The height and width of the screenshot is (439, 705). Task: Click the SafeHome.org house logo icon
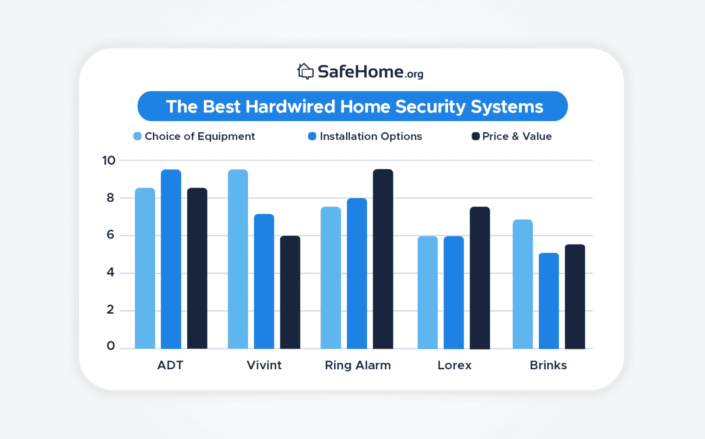(x=305, y=72)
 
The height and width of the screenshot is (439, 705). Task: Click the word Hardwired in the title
(x=290, y=106)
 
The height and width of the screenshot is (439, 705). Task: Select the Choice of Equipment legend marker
(x=137, y=136)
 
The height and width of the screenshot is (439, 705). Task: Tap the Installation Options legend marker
(x=312, y=136)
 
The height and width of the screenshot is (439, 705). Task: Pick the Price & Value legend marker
(x=476, y=136)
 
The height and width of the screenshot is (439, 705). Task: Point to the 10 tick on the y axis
(x=109, y=161)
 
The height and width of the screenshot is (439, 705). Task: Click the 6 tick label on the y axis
(x=110, y=235)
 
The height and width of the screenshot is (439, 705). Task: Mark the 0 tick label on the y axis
(x=111, y=346)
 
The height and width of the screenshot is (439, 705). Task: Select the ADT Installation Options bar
(x=171, y=259)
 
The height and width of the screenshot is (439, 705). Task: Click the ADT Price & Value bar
(x=197, y=268)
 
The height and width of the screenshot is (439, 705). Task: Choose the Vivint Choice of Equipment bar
(x=238, y=259)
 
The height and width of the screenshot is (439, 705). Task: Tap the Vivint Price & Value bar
(x=290, y=292)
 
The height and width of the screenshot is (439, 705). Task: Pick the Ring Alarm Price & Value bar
(x=383, y=259)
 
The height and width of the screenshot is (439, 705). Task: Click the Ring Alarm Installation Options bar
(x=357, y=273)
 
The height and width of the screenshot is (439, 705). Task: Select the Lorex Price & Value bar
(x=480, y=278)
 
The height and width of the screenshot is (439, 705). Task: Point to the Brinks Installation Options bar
(x=548, y=301)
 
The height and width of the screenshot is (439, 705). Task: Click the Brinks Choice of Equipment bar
(x=522, y=284)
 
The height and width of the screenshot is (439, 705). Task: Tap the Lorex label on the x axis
(x=454, y=365)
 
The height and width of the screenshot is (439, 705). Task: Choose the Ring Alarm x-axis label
(x=358, y=365)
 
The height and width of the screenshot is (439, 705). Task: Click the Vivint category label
(x=264, y=365)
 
